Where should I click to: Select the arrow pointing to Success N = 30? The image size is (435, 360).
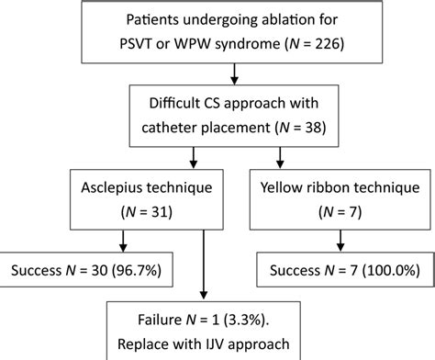(123, 241)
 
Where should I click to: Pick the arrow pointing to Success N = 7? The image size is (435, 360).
(341, 241)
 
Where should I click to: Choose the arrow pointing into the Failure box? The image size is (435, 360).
(202, 276)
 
